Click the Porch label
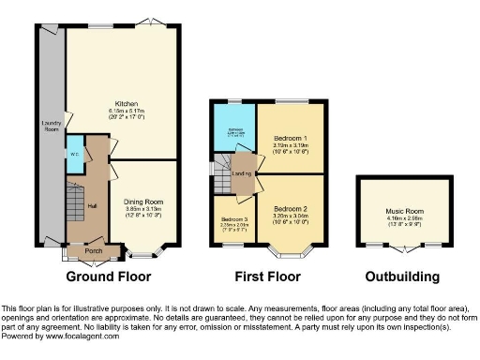94,250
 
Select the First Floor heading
269,277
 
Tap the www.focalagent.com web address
82,336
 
